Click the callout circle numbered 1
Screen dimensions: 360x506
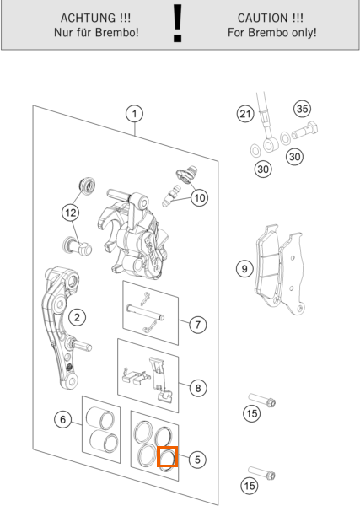pyautogui.click(x=135, y=114)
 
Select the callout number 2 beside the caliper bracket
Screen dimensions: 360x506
pyautogui.click(x=77, y=317)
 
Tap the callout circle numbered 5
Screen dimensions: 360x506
pyautogui.click(x=197, y=460)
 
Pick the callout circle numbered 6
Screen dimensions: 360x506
pyautogui.click(x=63, y=419)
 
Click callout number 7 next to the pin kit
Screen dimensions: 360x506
pyautogui.click(x=198, y=325)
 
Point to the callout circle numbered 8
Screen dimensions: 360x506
pyautogui.click(x=198, y=388)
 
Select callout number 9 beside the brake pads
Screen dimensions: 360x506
pyautogui.click(x=244, y=269)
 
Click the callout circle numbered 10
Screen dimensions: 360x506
pyautogui.click(x=199, y=197)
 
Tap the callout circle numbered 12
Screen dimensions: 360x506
pyautogui.click(x=71, y=213)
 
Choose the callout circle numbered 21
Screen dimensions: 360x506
pyautogui.click(x=245, y=114)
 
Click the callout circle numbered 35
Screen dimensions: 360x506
pyautogui.click(x=303, y=109)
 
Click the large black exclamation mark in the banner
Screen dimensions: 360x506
pyautogui.click(x=177, y=24)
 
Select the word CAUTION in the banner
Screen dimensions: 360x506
pyautogui.click(x=262, y=18)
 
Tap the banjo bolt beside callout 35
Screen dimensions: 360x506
pyautogui.click(x=305, y=130)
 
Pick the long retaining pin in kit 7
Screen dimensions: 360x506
pyautogui.click(x=145, y=313)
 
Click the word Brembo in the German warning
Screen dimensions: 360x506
pyautogui.click(x=118, y=33)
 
